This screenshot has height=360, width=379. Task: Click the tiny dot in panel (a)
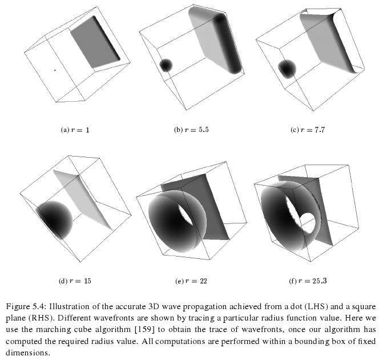tap(55, 70)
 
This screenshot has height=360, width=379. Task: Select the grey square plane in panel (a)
tap(95, 42)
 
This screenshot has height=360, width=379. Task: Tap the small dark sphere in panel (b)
tap(166, 65)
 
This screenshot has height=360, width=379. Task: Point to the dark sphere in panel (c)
tap(287, 69)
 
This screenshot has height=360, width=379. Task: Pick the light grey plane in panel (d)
tap(83, 200)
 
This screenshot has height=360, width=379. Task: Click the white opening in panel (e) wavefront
tap(186, 214)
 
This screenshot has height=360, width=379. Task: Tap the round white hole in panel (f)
tap(308, 223)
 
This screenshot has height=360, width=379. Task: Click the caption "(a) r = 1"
tap(75, 130)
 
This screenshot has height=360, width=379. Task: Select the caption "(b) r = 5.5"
tap(191, 130)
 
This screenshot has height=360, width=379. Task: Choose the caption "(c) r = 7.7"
tap(308, 130)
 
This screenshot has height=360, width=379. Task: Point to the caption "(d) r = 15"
tap(75, 281)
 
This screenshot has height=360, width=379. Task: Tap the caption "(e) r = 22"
tap(191, 281)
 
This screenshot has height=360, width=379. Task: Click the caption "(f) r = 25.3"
tap(308, 281)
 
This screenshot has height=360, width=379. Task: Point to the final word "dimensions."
tap(28, 353)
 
